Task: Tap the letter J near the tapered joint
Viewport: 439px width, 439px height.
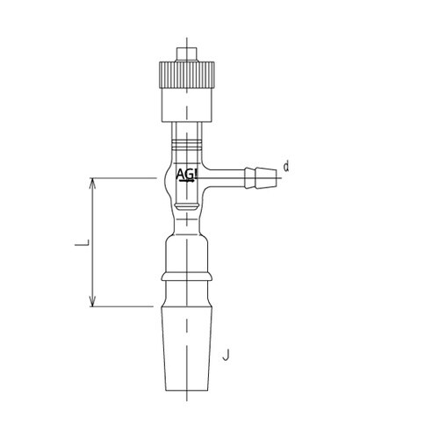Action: [x=227, y=356]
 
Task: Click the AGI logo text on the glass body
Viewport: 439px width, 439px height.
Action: [x=187, y=174]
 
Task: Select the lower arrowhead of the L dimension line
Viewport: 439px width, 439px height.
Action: [x=93, y=301]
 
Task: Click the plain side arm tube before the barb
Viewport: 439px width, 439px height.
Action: [x=223, y=176]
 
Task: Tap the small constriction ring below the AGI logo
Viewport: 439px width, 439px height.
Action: [x=185, y=207]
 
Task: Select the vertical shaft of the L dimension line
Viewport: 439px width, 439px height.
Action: [x=93, y=241]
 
